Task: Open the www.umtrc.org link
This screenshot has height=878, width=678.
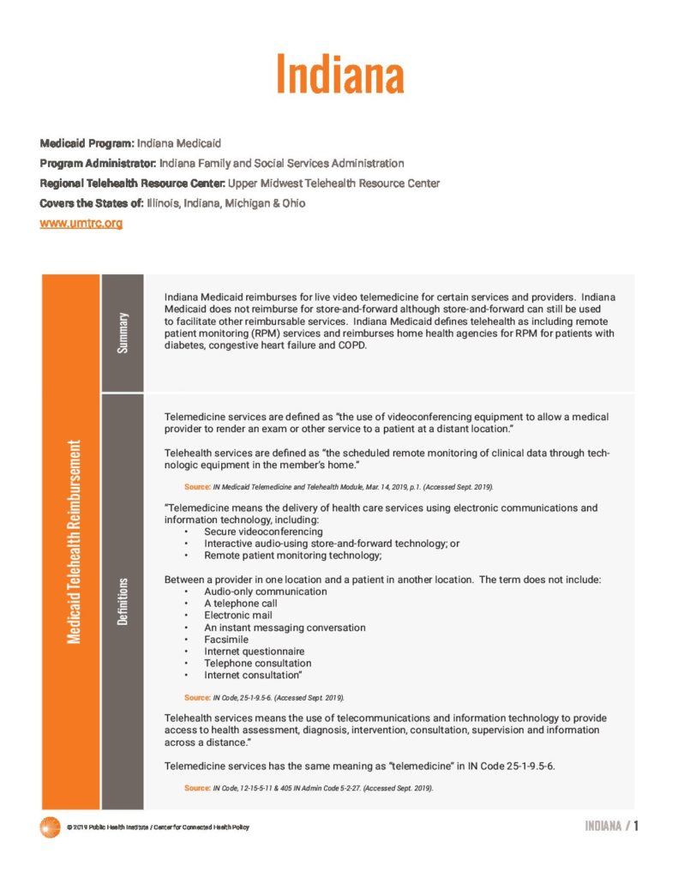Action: click(81, 224)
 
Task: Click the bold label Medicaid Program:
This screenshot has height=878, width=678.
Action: click(87, 142)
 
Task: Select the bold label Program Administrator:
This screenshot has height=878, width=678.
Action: click(97, 163)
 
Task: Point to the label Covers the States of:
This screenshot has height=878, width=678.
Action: click(89, 203)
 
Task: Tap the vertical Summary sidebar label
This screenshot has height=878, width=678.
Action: click(123, 333)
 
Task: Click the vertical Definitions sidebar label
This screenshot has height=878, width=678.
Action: click(123, 601)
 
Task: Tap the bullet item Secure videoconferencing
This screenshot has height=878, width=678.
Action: click(263, 532)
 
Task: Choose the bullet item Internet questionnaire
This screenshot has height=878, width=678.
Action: click(254, 652)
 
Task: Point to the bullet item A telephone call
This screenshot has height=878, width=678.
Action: click(243, 604)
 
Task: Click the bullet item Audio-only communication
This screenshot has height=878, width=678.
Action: click(265, 592)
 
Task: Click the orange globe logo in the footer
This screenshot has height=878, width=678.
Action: click(50, 827)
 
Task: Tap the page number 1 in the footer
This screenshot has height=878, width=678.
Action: click(637, 826)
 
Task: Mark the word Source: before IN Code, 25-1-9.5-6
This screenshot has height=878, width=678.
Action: click(197, 698)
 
